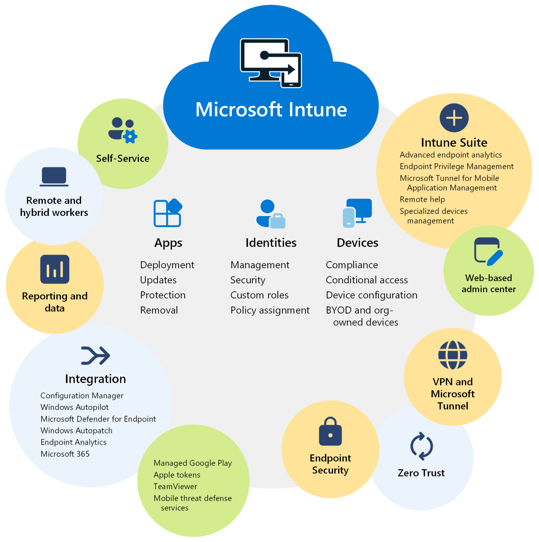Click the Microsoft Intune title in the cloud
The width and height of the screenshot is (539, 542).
(x=271, y=109)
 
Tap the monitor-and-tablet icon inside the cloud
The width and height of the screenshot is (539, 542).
(x=271, y=63)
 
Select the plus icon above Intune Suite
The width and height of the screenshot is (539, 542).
(x=454, y=118)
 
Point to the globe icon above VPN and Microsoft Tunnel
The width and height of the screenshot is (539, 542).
(x=453, y=355)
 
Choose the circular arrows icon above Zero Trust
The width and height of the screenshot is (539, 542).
(x=421, y=446)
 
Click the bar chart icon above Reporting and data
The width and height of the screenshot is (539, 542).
(x=55, y=269)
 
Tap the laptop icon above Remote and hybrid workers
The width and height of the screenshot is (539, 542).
(x=54, y=176)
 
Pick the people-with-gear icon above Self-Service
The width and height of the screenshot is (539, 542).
(x=122, y=130)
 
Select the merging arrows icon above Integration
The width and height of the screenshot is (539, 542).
(x=95, y=355)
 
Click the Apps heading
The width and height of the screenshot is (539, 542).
(x=168, y=243)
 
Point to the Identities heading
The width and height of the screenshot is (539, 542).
(x=271, y=243)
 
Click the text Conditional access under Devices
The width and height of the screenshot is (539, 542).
(x=367, y=280)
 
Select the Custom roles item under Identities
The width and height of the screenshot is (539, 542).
(x=259, y=295)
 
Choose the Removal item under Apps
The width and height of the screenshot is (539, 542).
(x=159, y=311)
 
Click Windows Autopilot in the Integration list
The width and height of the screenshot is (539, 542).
(x=74, y=407)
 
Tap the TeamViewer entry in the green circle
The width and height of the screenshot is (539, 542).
(x=175, y=487)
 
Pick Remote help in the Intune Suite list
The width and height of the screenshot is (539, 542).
(x=422, y=199)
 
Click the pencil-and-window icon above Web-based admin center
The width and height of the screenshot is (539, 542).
(x=489, y=251)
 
